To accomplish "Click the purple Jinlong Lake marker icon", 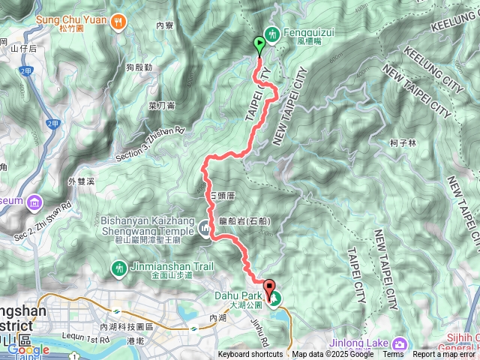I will [x=400, y=343].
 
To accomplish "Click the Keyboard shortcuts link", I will [x=250, y=355].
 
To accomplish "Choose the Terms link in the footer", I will [x=392, y=355].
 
